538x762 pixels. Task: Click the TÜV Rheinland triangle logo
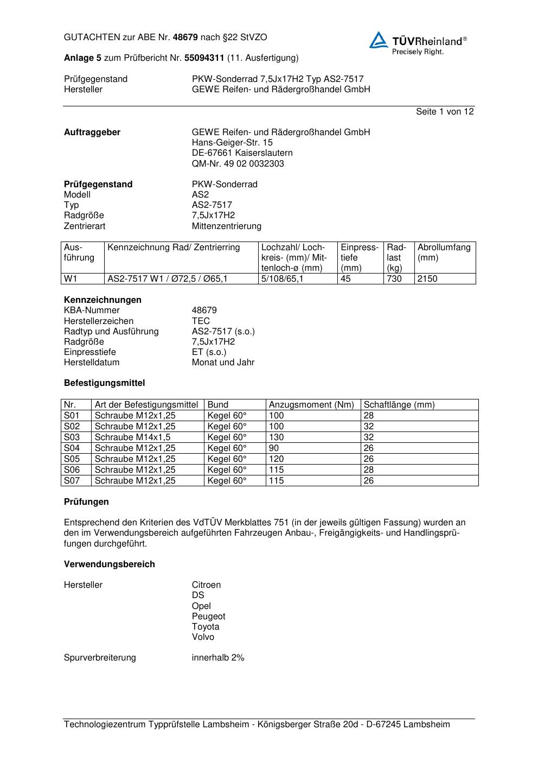click(x=379, y=40)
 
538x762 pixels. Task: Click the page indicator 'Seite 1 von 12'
click(x=445, y=112)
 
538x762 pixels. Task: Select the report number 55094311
click(x=204, y=58)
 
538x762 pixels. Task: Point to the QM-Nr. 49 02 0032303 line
click(x=238, y=164)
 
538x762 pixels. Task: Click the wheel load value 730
click(x=394, y=279)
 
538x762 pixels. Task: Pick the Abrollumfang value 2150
click(x=427, y=279)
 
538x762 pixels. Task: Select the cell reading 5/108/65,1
click(x=283, y=279)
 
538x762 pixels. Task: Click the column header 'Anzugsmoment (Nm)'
click(x=311, y=405)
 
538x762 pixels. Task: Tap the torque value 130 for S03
click(x=276, y=437)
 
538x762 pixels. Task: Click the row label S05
click(x=72, y=459)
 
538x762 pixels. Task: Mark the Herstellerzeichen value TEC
click(x=201, y=321)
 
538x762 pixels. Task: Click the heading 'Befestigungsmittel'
click(x=104, y=383)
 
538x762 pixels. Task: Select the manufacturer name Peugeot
click(x=208, y=617)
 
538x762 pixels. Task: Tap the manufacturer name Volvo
click(x=203, y=637)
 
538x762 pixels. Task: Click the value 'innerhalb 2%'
click(x=218, y=658)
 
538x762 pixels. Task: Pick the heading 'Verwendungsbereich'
click(x=109, y=564)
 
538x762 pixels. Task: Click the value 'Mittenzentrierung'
click(x=226, y=226)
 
